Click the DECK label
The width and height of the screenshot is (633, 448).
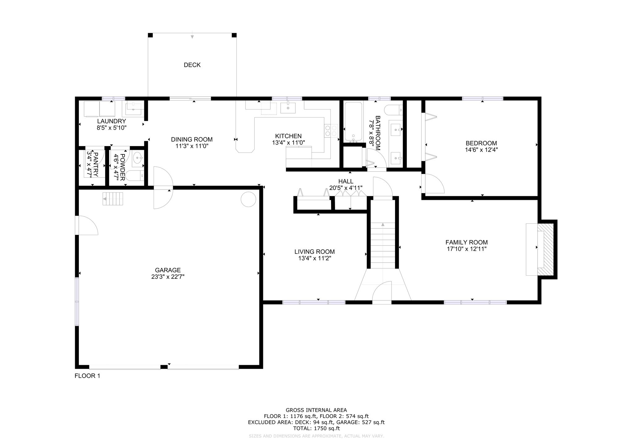(x=192, y=65)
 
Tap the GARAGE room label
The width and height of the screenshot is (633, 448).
(x=168, y=270)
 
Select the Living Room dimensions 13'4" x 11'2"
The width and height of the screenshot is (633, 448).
(x=314, y=258)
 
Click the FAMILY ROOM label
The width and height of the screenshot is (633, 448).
(x=466, y=243)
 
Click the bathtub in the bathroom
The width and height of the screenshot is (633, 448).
(x=353, y=122)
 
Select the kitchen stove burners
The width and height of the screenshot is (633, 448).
(x=331, y=130)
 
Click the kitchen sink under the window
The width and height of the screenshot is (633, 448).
(x=288, y=108)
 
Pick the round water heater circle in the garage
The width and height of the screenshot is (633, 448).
(x=248, y=199)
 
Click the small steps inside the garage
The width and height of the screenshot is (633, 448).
(x=113, y=199)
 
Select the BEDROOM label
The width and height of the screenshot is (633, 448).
(x=481, y=143)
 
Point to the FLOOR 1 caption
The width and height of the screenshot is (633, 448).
(x=87, y=376)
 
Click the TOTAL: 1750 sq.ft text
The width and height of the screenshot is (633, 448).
(x=316, y=429)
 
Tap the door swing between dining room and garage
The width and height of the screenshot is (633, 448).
(x=163, y=187)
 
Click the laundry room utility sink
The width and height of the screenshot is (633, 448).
(x=134, y=108)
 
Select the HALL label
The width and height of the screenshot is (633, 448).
(x=346, y=181)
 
